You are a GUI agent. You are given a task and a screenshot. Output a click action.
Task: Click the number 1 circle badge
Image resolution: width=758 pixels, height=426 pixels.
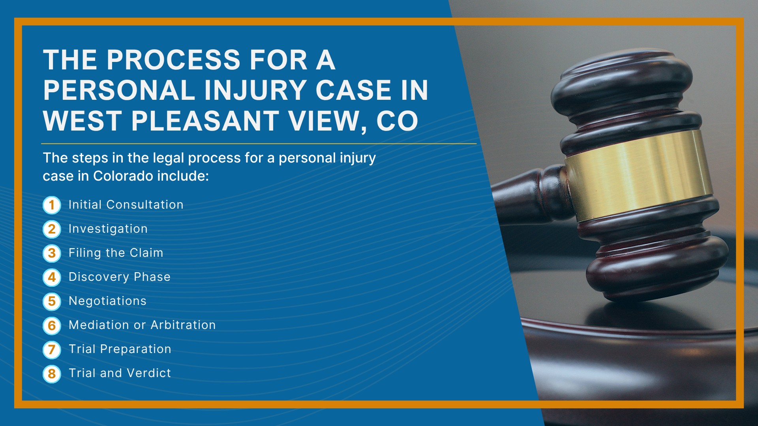tap(52, 205)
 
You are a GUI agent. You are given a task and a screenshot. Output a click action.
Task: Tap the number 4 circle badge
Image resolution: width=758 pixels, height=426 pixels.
tap(52, 277)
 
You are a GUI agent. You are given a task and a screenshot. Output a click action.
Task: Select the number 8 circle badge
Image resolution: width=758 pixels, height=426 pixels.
tap(52, 374)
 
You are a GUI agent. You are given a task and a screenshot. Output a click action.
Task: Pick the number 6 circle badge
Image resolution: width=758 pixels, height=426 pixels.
tap(52, 325)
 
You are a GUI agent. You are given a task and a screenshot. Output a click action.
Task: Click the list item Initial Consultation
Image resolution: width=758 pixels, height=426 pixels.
tap(126, 205)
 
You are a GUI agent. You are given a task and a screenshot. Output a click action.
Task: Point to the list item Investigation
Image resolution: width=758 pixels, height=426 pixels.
tap(108, 229)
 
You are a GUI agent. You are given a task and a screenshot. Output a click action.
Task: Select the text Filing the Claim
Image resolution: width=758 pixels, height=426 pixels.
tap(116, 253)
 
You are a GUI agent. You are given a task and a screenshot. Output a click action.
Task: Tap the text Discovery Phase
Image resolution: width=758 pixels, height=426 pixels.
tap(120, 277)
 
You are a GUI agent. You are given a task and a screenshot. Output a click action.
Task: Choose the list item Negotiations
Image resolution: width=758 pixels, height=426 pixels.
tap(107, 301)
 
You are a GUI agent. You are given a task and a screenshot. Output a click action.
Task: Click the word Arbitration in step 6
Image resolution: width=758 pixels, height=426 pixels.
tap(183, 325)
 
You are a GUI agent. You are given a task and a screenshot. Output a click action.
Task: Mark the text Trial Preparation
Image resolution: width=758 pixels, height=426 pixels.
tap(120, 349)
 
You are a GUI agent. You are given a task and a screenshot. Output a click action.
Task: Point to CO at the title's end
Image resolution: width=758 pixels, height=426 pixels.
tap(397, 121)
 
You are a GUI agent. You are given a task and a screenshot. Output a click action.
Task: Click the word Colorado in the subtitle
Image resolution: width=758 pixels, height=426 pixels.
tap(123, 176)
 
